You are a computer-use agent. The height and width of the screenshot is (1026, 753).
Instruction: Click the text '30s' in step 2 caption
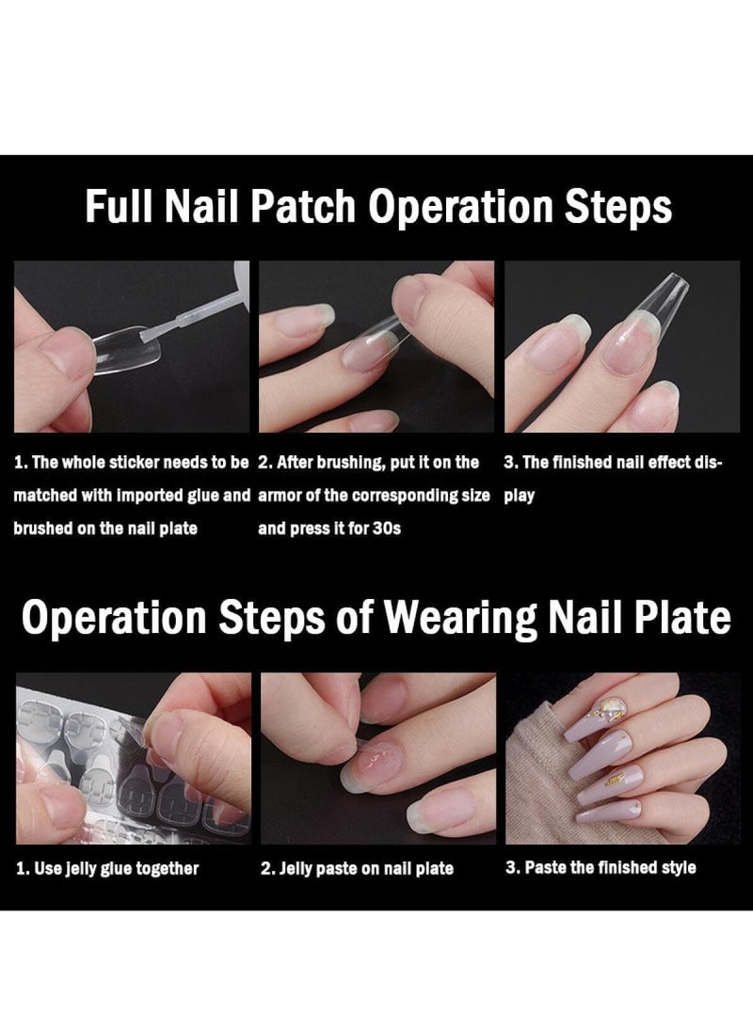click(x=386, y=529)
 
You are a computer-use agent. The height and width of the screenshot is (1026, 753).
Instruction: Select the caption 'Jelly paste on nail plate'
click(x=357, y=869)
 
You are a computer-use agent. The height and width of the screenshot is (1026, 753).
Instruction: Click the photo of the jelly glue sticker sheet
click(x=132, y=758)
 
